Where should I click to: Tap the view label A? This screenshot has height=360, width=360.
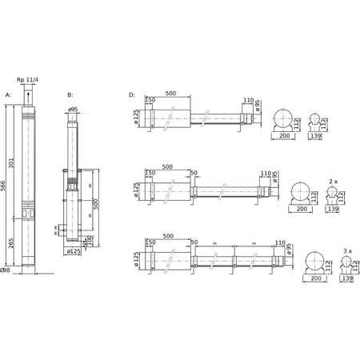tap(9, 94)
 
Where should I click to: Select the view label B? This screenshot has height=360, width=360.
tap(70, 94)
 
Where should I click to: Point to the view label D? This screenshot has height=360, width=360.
tap(132, 94)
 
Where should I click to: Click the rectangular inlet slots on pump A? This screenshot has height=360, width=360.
tap(30, 214)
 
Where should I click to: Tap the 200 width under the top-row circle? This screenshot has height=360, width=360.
tap(284, 138)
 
